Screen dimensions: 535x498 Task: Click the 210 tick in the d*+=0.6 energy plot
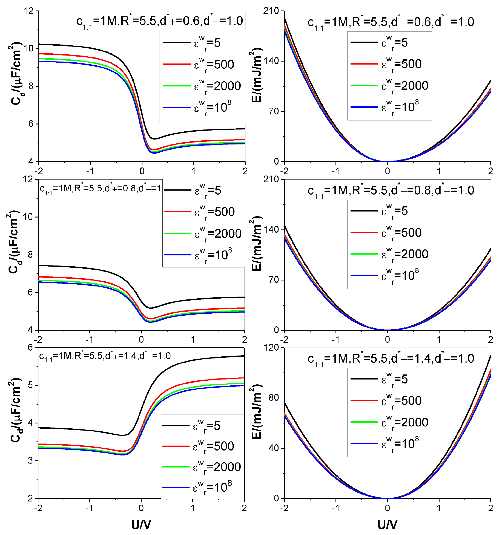tap(273, 11)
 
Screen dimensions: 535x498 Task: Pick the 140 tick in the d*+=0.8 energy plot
tap(273, 230)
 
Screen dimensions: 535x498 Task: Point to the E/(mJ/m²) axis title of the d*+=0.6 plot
tap(257, 75)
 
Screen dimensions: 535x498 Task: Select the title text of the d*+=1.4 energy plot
tap(391, 359)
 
